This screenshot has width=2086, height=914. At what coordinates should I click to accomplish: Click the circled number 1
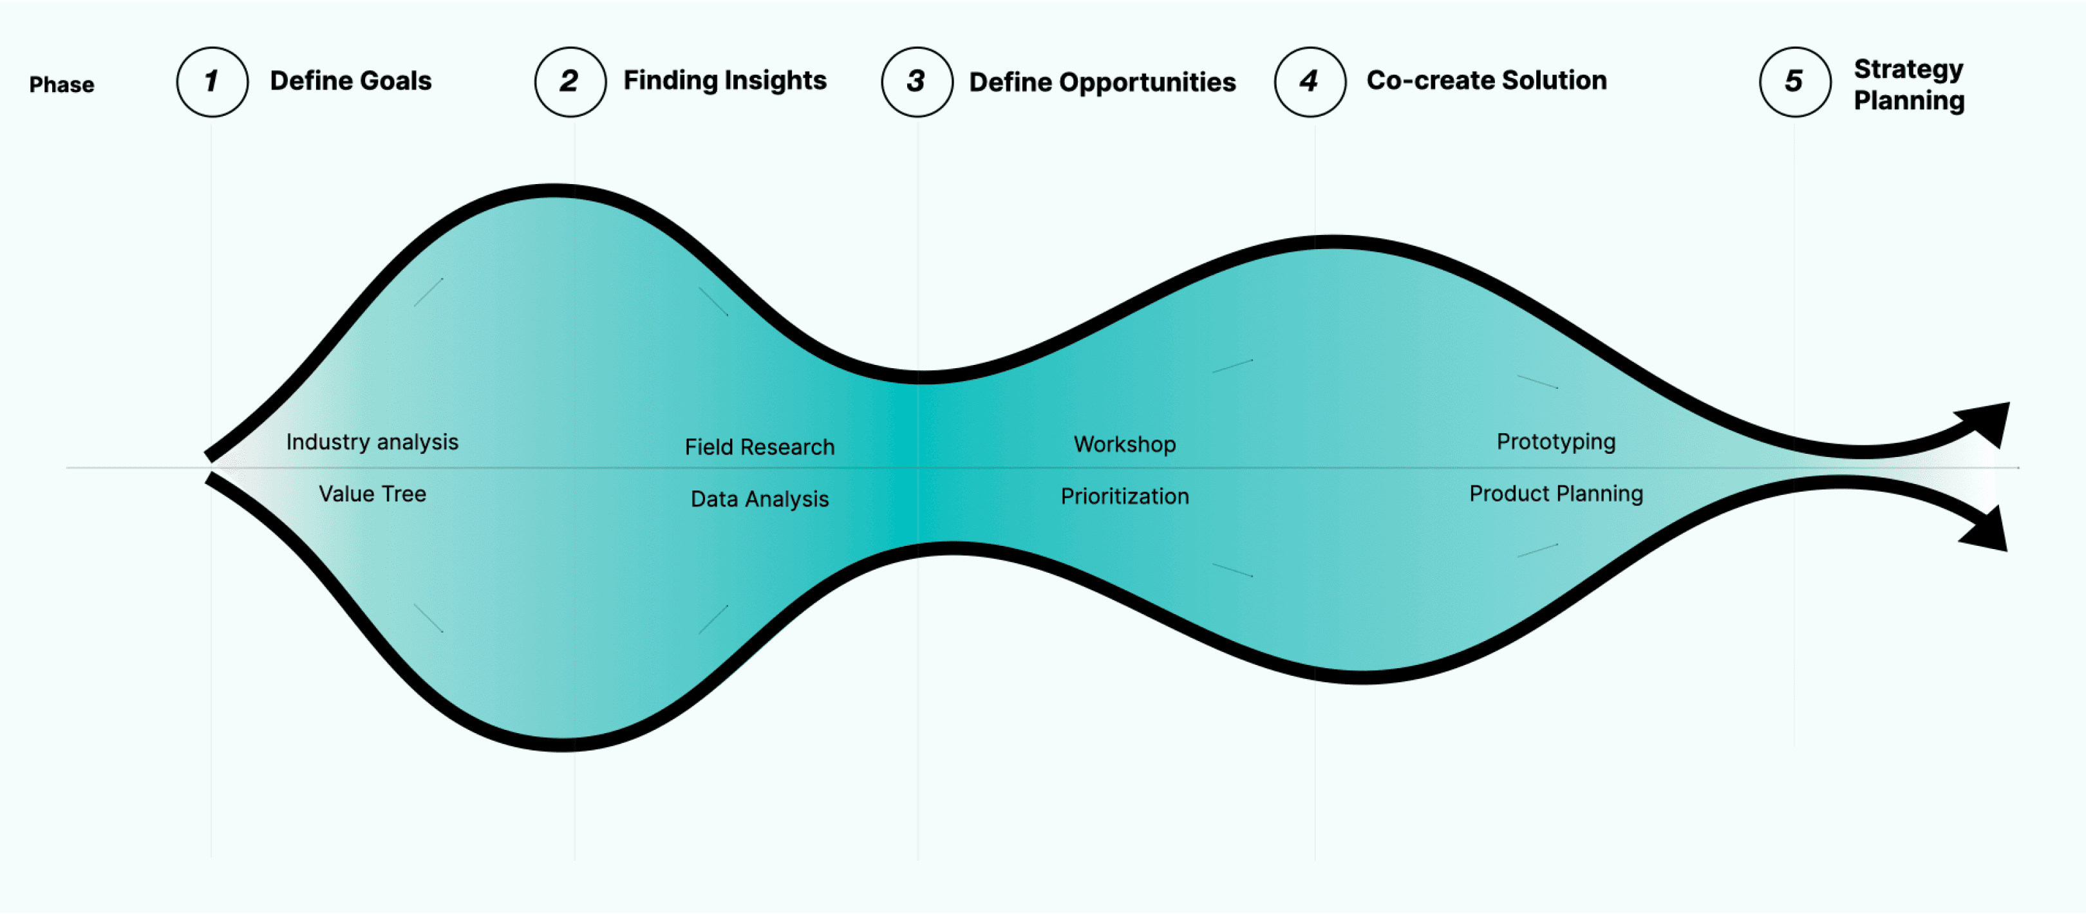click(x=212, y=82)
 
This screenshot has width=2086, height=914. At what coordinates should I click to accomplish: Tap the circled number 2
click(x=570, y=82)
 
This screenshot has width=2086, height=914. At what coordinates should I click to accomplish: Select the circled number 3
click(x=917, y=82)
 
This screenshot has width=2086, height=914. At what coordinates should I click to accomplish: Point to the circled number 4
click(x=1310, y=82)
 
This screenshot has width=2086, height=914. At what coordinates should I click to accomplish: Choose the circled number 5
click(x=1794, y=82)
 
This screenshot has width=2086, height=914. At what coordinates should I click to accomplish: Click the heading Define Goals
click(x=351, y=81)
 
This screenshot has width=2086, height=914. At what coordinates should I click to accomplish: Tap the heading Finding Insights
click(x=725, y=81)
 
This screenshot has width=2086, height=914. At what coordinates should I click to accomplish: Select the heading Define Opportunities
click(x=1102, y=82)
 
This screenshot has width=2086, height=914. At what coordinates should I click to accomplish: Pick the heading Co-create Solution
click(x=1486, y=81)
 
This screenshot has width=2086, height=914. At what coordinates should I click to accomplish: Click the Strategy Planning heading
click(x=1909, y=85)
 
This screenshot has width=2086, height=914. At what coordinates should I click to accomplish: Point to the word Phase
click(x=62, y=85)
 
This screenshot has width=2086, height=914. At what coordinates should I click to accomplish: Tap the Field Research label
click(x=759, y=447)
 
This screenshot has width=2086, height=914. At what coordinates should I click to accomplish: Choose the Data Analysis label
click(x=759, y=499)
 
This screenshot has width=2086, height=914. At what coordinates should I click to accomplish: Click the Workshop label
click(x=1124, y=445)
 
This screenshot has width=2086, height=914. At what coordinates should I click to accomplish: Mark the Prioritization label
click(x=1124, y=496)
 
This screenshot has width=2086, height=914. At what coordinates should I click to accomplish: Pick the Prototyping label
click(x=1555, y=442)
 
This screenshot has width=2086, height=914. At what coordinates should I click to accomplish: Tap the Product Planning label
click(x=1555, y=494)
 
